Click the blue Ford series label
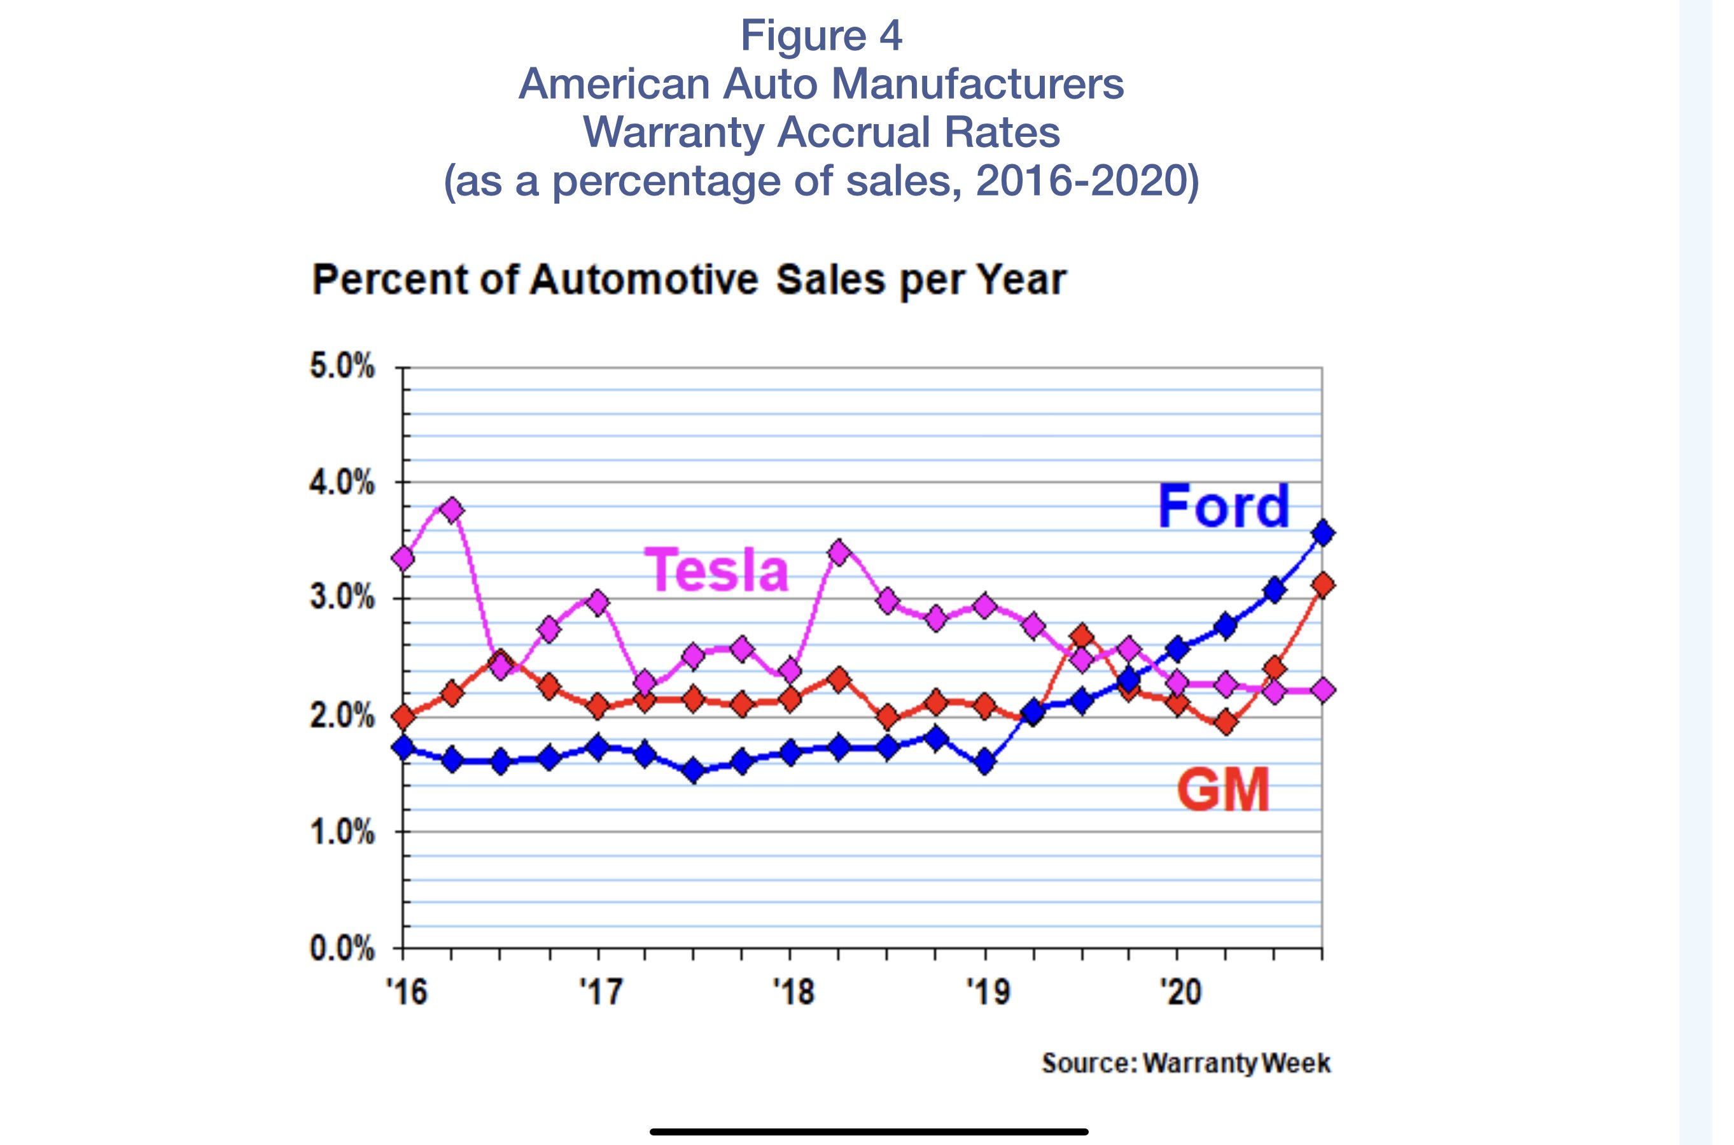(x=1224, y=506)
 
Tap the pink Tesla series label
(x=717, y=570)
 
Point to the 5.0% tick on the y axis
(x=342, y=367)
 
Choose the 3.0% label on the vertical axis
(x=342, y=598)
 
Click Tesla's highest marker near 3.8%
(x=452, y=510)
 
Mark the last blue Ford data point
(x=1322, y=533)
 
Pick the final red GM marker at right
(x=1322, y=585)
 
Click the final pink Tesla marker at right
(x=1322, y=689)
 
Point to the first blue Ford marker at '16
(x=403, y=747)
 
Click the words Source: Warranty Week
(x=1185, y=1063)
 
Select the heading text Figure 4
(x=822, y=35)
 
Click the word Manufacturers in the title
(x=977, y=83)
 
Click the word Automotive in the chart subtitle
(x=644, y=279)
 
